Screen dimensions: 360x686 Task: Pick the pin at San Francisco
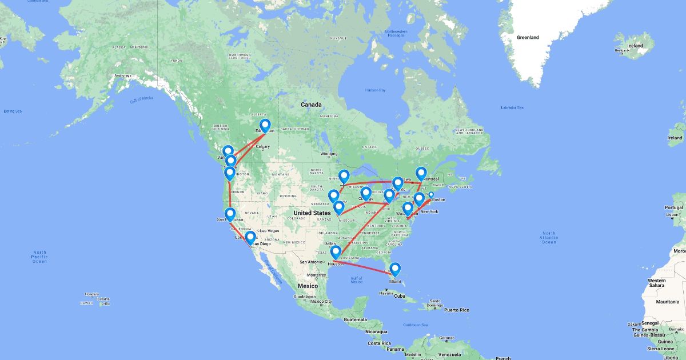click(x=230, y=215)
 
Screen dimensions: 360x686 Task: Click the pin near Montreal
click(x=421, y=174)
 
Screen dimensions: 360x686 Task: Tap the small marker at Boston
click(x=431, y=195)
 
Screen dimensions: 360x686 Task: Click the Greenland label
click(x=528, y=38)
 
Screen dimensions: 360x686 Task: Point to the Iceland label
click(x=635, y=46)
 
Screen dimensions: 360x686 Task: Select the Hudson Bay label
click(x=376, y=90)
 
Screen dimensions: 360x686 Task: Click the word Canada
click(x=312, y=105)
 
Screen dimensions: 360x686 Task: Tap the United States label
click(x=313, y=213)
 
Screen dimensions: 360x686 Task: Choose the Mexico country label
click(x=307, y=286)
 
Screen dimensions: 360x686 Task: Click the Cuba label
click(x=399, y=296)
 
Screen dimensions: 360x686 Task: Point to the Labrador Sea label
click(x=512, y=107)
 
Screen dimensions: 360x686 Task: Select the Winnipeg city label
click(x=329, y=153)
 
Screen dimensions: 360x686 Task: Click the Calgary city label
click(x=263, y=146)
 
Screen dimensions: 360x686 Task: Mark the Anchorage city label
click(x=122, y=76)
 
